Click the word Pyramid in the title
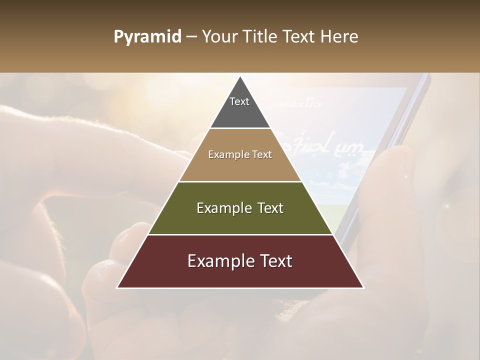coord(147,37)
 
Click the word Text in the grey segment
coord(239,102)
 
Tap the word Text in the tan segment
coord(262,155)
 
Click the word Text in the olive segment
coord(268,208)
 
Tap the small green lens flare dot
coord(448,205)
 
